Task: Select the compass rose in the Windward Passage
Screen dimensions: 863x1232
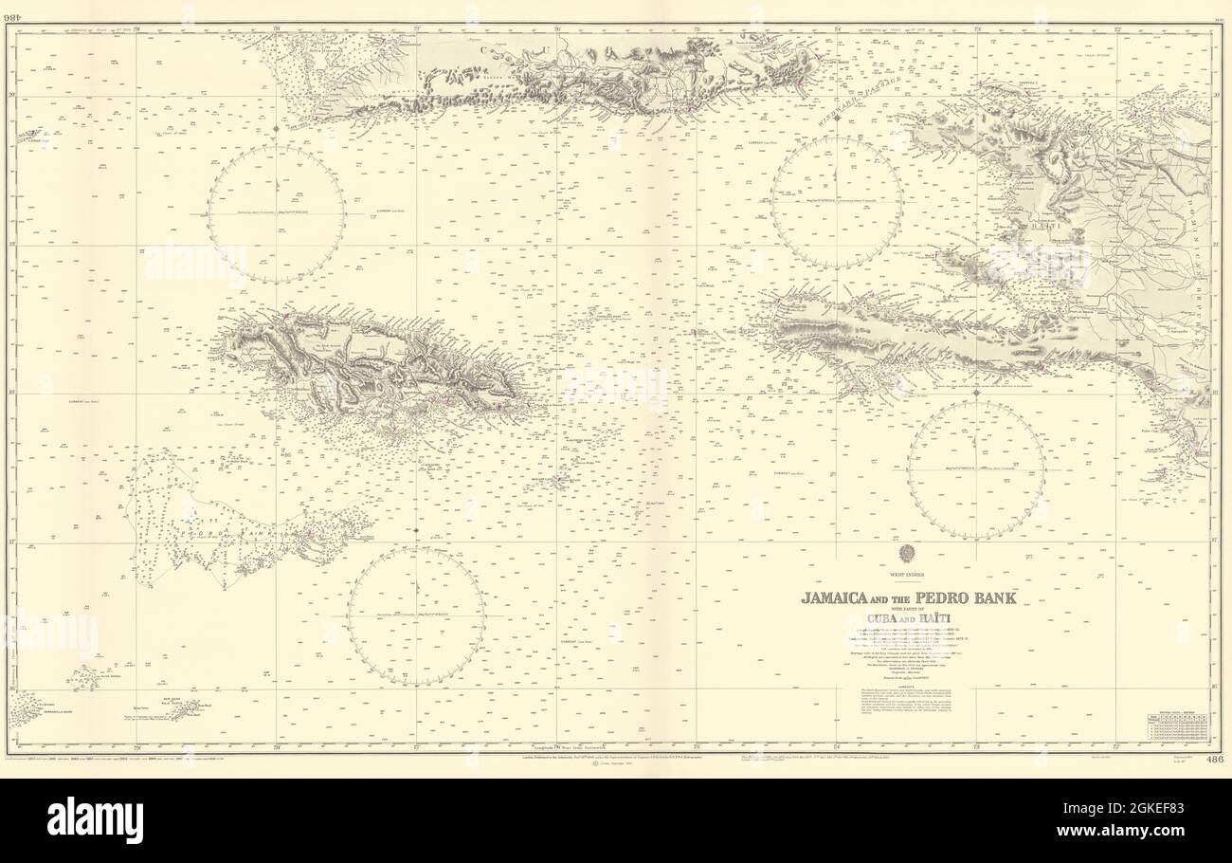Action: point(835,201)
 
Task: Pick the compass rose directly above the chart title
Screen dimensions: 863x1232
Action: point(975,469)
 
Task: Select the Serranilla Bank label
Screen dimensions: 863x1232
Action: point(44,714)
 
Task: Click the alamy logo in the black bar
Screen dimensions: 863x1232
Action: point(95,820)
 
